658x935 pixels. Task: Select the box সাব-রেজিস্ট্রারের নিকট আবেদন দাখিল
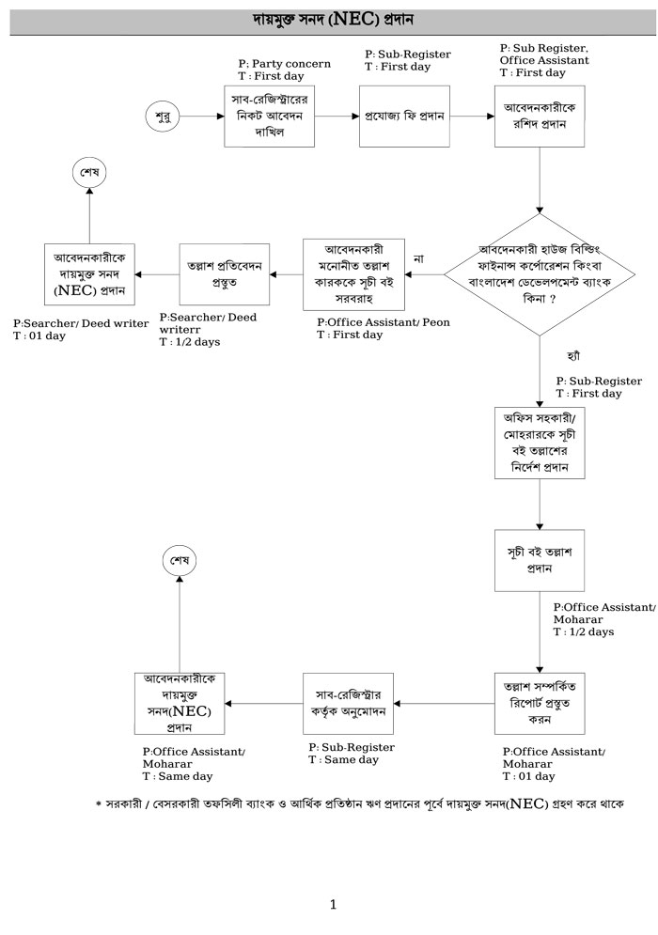269,117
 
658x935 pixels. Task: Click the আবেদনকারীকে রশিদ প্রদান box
540,117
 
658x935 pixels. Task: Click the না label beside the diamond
418,258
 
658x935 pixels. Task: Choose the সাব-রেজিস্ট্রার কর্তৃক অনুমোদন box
347,702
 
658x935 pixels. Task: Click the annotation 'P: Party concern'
284,64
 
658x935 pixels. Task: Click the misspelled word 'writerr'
180,330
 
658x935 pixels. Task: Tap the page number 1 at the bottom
333,905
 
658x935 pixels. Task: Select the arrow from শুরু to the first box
199,117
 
